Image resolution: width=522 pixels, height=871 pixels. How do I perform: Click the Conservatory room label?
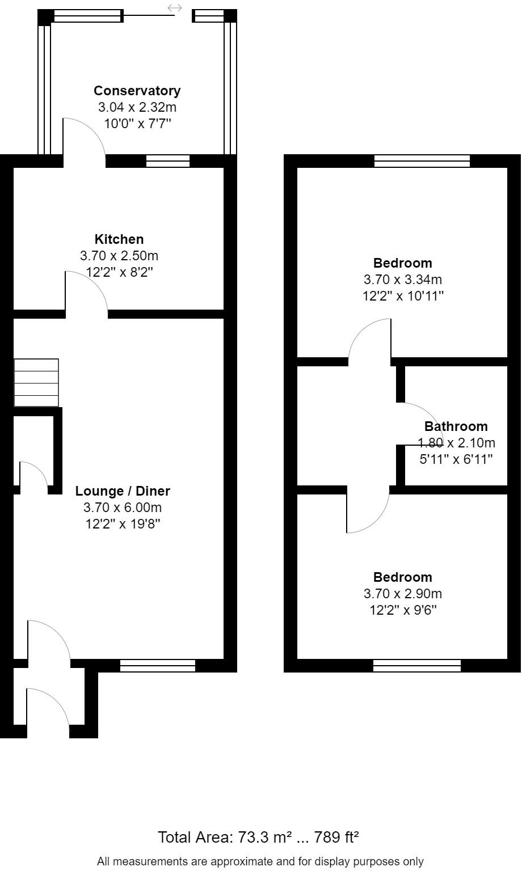137,91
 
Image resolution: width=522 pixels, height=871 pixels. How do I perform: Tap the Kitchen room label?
119,239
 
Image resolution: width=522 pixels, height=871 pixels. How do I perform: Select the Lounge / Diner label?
123,491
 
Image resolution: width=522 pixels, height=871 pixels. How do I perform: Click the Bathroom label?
456,426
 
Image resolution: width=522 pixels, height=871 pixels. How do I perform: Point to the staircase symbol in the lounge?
36,382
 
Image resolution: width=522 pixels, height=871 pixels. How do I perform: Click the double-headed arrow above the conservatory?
175,8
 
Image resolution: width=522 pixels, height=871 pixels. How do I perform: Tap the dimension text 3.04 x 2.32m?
137,107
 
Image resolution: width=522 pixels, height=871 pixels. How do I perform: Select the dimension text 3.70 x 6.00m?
123,508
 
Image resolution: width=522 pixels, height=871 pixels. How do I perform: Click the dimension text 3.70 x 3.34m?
403,280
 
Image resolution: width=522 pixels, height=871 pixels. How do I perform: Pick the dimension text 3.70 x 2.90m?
403,594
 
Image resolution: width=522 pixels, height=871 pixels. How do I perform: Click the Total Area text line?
258,837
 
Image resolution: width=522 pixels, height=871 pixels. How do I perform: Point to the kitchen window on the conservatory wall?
168,161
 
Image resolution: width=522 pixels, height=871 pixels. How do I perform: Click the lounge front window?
158,666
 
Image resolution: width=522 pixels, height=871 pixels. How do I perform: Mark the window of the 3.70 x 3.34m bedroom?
422,161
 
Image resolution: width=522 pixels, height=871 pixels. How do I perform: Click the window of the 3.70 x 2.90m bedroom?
417,666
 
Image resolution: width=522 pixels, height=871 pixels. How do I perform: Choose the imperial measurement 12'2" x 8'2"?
119,272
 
